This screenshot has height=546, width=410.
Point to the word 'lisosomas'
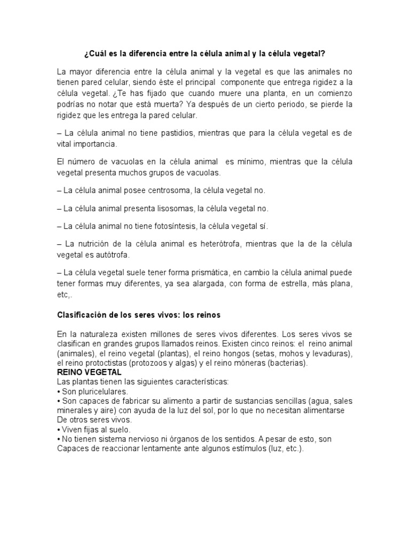pyautogui.click(x=177, y=208)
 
